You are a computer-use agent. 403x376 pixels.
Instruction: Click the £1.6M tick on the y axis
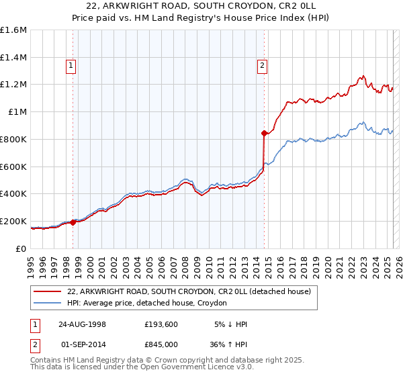[x=13, y=30]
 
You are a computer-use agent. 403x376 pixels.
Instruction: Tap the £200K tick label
[x=13, y=221]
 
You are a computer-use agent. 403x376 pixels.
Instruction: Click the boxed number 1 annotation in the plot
[x=71, y=65]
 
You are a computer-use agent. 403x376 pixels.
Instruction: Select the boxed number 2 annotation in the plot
[x=262, y=65]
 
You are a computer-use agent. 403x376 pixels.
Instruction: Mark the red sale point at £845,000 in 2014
[x=264, y=133]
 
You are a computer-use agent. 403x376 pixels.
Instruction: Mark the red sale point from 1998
[x=73, y=222]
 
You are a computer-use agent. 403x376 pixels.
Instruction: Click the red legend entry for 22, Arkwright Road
[x=189, y=292]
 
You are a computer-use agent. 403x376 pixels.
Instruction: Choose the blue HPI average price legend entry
[x=147, y=303]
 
